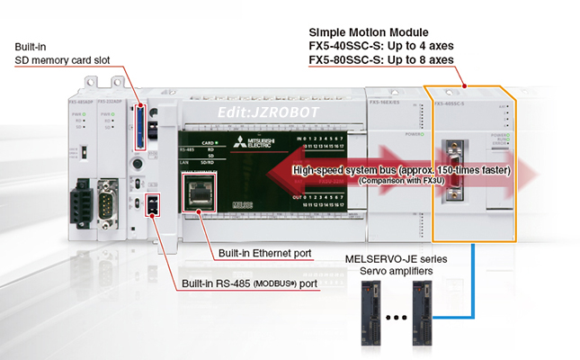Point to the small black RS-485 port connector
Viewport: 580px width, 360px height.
[151, 205]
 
